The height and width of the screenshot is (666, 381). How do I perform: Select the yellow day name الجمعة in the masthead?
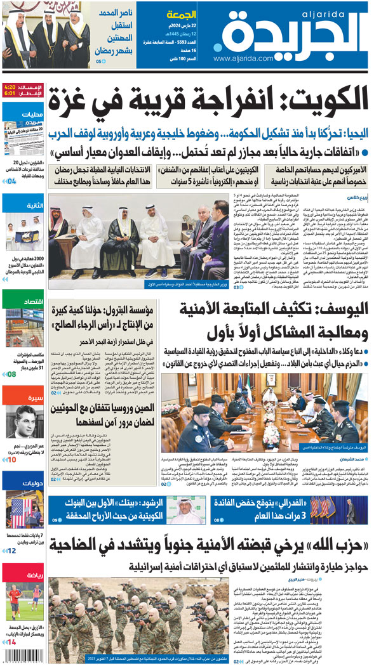click(180, 14)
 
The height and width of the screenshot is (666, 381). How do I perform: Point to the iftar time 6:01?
click(10, 93)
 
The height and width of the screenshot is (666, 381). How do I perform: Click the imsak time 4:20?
click(10, 86)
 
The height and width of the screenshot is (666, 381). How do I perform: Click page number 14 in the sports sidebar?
click(11, 643)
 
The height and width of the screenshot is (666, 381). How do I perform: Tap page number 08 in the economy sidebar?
click(11, 374)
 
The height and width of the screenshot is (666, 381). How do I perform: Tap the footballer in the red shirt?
click(14, 600)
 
